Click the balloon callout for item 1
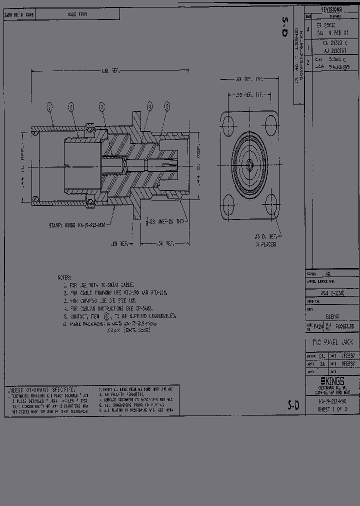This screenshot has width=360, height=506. tap(49, 106)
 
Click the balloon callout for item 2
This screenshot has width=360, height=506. tap(71, 106)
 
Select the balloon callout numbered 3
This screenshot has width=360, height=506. tap(101, 106)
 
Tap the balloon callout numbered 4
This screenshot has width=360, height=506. tap(149, 106)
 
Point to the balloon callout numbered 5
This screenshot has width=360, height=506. tap(167, 106)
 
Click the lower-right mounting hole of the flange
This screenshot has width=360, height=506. tap(271, 204)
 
